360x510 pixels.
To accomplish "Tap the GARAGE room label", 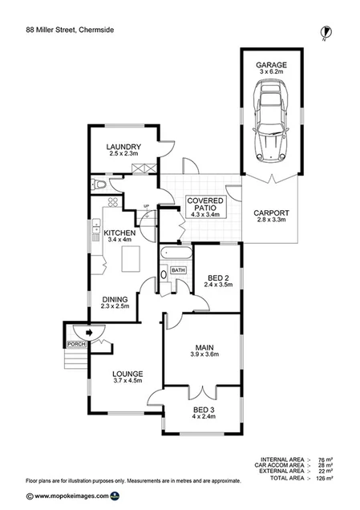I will click(x=271, y=63).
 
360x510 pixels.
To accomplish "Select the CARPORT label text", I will click(x=270, y=212).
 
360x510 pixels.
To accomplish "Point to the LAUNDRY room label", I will click(x=124, y=147).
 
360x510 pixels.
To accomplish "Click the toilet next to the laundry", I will click(x=99, y=184).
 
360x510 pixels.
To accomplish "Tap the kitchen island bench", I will click(x=131, y=258).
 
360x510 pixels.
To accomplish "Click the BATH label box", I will click(x=178, y=270).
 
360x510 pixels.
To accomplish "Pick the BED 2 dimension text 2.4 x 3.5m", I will click(x=218, y=284).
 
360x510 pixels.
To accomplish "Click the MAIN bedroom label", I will click(x=204, y=346).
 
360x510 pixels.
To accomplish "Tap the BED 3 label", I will click(x=203, y=409).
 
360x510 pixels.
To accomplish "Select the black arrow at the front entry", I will click(x=90, y=330).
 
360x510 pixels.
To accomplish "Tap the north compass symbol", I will click(x=326, y=31).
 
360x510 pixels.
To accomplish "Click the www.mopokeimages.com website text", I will click(x=68, y=496).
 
